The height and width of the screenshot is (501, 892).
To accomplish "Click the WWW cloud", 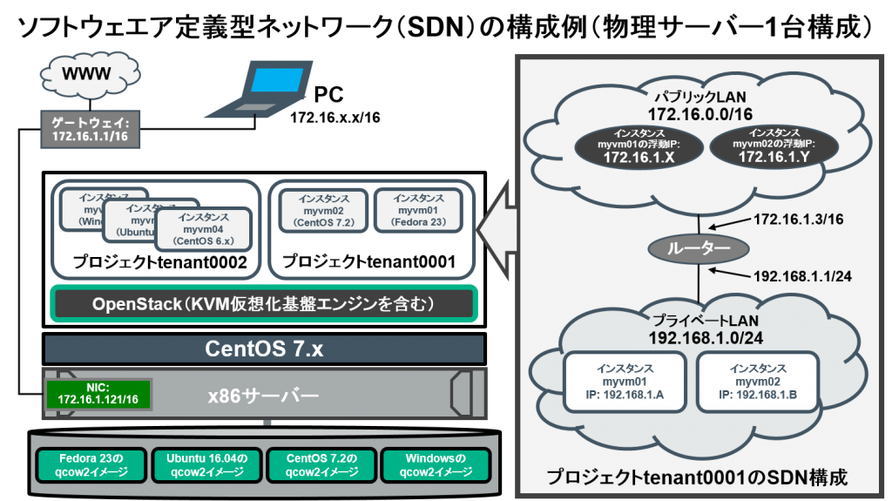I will [x=86, y=75].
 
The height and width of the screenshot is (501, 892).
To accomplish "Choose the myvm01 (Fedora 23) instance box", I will [x=417, y=210].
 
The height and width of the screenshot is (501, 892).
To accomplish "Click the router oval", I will [x=699, y=248].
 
